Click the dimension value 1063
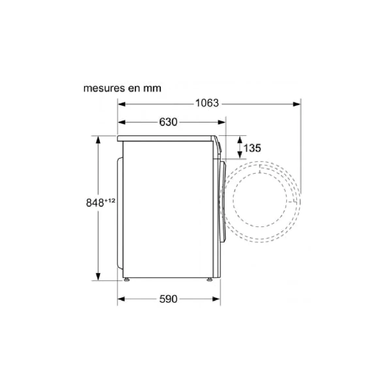(207, 103)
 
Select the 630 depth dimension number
(168, 122)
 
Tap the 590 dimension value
(168, 299)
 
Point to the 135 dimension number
(252, 148)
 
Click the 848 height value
(95, 203)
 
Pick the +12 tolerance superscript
(110, 201)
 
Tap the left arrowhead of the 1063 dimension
(122, 104)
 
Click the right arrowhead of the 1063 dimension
(296, 104)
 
